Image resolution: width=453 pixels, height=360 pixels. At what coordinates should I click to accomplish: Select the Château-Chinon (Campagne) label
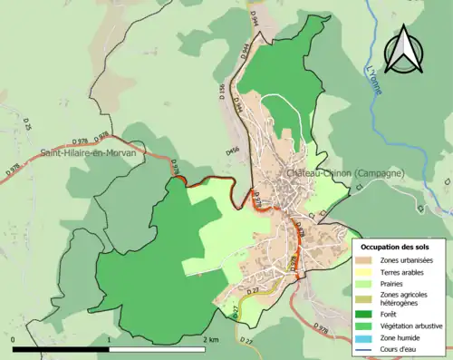tap(344, 172)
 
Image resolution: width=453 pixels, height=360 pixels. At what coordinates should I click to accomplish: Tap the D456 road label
tap(233, 151)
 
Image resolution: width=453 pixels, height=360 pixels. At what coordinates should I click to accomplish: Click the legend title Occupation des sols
tap(395, 247)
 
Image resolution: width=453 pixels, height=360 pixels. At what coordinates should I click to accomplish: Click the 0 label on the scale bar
tap(14, 340)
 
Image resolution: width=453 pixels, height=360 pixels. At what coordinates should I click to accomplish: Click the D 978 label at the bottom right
tap(320, 326)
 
